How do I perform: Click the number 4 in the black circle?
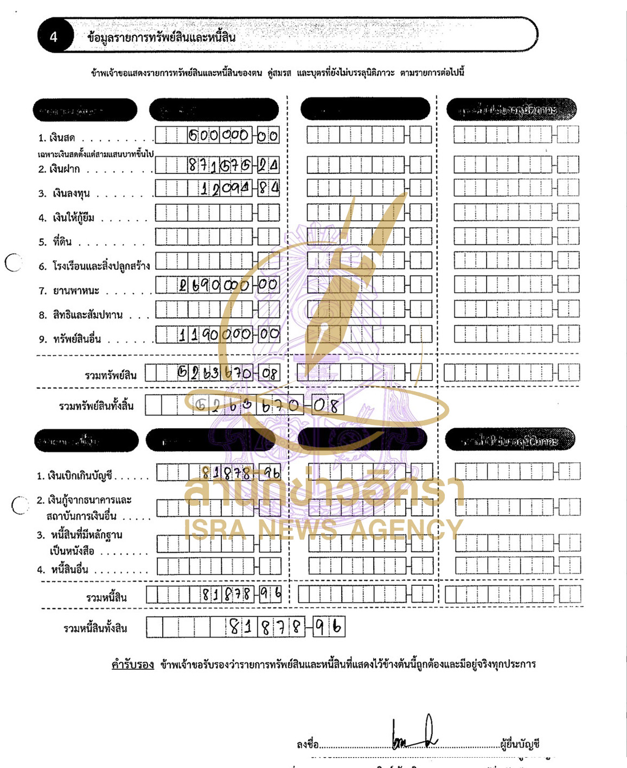53,37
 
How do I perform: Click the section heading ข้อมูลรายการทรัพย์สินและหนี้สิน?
161,37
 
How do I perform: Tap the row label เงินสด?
63,138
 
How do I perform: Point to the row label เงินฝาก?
66,169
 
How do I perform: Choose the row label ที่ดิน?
62,242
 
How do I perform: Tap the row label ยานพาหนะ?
75,291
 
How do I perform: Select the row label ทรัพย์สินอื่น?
76,339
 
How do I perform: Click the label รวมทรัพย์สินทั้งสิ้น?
96,406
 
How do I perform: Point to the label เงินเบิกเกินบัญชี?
79,476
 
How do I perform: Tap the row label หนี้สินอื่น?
69,570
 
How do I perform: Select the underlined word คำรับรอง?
132,664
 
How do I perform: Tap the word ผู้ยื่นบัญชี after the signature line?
520,744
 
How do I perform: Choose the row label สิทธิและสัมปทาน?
87,315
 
